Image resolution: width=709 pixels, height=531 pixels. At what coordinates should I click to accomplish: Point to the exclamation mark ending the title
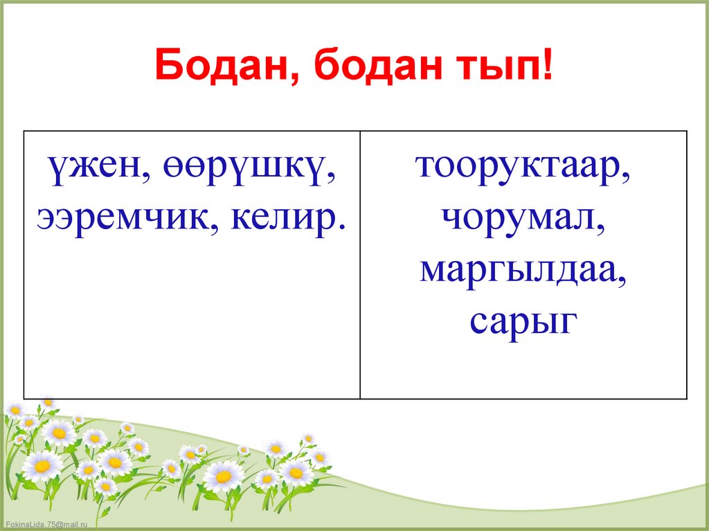tap(548, 65)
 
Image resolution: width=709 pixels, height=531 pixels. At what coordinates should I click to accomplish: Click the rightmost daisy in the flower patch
tap(319, 458)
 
